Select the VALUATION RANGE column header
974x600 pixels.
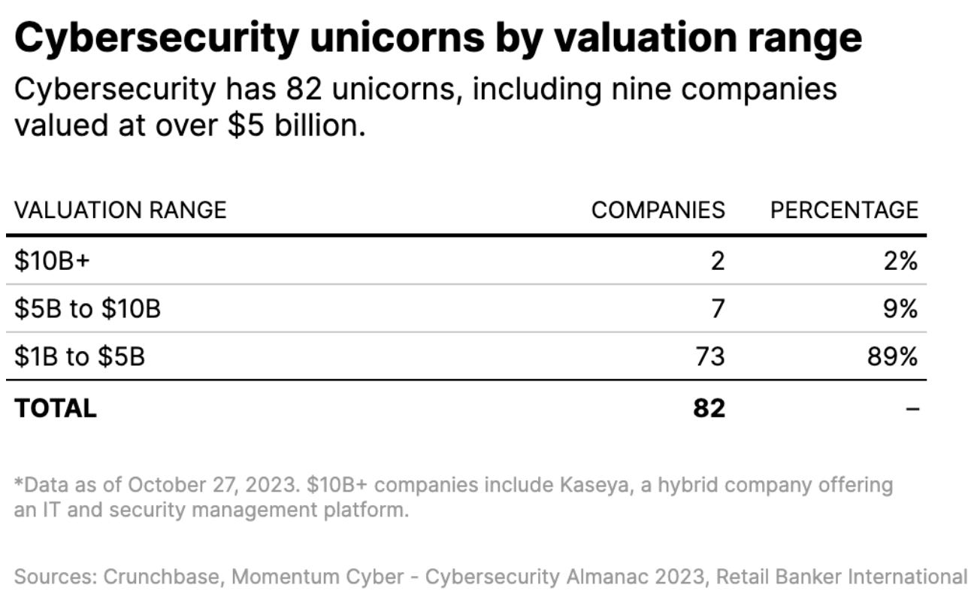coord(120,210)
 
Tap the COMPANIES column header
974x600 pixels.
coord(658,210)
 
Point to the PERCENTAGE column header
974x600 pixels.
coord(843,210)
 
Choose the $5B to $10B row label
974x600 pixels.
coord(87,308)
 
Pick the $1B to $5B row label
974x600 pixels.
coord(80,356)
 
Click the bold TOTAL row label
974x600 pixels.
coord(56,408)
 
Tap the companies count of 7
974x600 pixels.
coord(717,308)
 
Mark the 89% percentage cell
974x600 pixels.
coord(892,356)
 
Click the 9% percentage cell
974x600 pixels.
coord(899,308)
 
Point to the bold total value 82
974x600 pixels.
coord(709,408)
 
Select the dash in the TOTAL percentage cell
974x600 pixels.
coord(911,409)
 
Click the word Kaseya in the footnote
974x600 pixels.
coord(596,485)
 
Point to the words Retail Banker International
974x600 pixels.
coord(841,577)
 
